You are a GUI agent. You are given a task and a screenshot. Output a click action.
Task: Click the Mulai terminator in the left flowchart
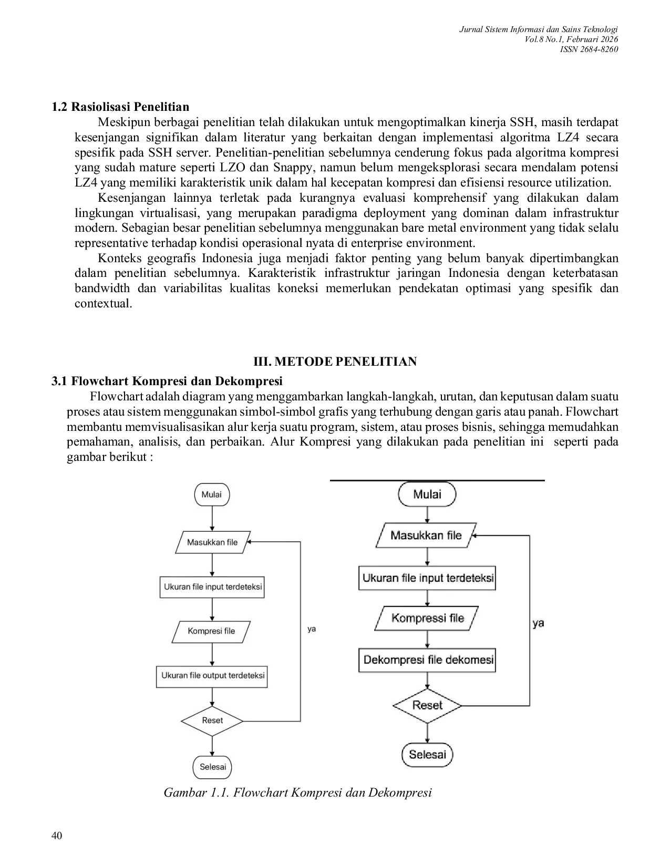[x=212, y=494]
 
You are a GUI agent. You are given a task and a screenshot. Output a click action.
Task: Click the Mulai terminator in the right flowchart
[x=427, y=494]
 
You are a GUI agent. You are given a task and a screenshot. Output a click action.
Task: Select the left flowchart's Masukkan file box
[x=212, y=542]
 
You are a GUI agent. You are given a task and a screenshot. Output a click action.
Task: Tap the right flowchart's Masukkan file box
[x=426, y=535]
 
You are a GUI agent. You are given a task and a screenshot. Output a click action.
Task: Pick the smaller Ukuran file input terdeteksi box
[x=212, y=587]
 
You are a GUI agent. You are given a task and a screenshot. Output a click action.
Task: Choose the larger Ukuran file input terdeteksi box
[x=427, y=578]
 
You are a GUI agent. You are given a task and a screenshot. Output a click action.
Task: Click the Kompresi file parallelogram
[x=211, y=631]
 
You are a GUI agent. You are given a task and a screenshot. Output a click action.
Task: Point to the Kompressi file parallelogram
[x=427, y=618]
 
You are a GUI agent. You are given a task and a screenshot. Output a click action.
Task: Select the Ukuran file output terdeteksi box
[x=212, y=676]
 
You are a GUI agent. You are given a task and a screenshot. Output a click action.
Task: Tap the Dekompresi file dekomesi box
[x=427, y=660]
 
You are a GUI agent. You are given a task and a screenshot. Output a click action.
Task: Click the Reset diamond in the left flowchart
[x=212, y=720]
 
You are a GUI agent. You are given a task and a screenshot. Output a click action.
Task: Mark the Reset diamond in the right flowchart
[x=427, y=705]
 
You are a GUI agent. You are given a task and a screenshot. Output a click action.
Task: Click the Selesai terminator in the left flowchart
[x=212, y=767]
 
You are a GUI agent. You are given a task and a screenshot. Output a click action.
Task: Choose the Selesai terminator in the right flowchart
[x=427, y=755]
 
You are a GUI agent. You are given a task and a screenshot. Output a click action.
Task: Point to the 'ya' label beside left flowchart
[x=312, y=629]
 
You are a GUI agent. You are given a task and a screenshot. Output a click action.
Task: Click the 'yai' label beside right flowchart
[x=539, y=623]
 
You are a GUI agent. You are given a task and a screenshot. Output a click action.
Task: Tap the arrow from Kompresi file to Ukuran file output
[x=212, y=655]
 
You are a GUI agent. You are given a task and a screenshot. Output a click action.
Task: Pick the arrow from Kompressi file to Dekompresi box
[x=427, y=639]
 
